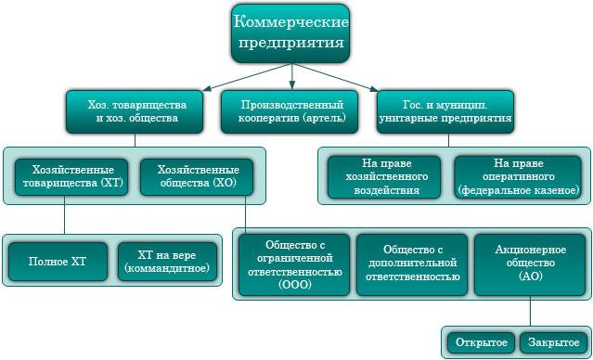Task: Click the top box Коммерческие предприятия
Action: [290, 33]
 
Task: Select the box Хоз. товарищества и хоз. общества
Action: [135, 112]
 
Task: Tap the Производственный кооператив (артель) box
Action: [290, 112]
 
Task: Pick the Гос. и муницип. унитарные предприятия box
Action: [445, 112]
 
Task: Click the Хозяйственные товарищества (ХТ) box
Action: [71, 177]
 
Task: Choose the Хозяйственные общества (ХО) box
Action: [197, 177]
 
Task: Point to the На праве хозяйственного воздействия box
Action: [384, 177]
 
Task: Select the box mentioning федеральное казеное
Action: [518, 177]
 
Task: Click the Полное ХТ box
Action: [58, 262]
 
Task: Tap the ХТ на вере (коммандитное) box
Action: [168, 262]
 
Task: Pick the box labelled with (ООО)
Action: [294, 264]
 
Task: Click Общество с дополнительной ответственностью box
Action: [412, 264]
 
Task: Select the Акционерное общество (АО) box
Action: [530, 264]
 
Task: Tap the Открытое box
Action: [482, 342]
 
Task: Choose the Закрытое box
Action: [554, 342]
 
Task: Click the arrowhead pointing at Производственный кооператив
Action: [291, 86]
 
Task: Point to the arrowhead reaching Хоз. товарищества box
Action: [207, 89]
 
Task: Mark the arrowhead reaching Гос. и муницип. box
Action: [374, 89]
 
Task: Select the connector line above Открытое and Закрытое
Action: [530, 311]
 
